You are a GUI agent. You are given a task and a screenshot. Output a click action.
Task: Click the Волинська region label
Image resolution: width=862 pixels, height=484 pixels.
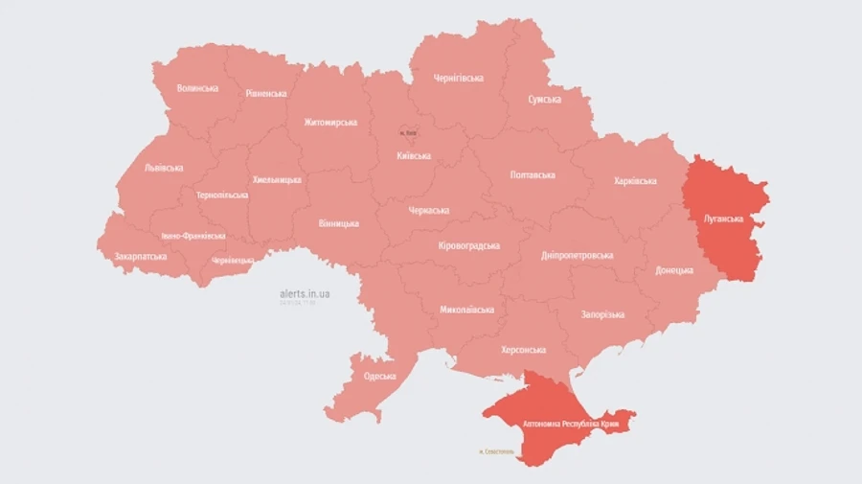click(197, 88)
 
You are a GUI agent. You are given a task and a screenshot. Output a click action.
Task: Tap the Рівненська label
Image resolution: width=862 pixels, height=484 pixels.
click(265, 93)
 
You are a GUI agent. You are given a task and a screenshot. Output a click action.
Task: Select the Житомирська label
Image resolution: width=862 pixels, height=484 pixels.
click(330, 122)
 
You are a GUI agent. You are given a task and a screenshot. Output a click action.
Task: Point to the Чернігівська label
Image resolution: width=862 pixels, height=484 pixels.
click(458, 78)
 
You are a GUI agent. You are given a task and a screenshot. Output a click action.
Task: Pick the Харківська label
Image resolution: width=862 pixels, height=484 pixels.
click(633, 180)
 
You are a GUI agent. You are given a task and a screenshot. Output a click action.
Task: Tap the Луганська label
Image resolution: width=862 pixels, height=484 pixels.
click(723, 219)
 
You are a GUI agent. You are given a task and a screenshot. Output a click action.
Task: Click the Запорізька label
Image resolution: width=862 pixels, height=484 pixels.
click(602, 314)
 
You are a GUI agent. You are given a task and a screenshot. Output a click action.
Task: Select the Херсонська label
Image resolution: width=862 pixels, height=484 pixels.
click(525, 350)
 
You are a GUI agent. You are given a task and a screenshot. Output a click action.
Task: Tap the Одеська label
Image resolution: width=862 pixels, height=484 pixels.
click(379, 376)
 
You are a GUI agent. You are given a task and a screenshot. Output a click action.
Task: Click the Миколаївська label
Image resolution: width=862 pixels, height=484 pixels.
click(466, 310)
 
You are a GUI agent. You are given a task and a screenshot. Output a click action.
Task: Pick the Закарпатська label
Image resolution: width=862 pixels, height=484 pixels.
click(141, 257)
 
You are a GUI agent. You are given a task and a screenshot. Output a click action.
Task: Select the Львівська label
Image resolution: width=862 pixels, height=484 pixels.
click(163, 167)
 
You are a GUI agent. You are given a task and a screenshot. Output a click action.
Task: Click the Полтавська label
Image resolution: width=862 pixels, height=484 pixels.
click(533, 175)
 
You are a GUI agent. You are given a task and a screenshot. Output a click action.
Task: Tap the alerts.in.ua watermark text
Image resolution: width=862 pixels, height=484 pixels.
click(305, 294)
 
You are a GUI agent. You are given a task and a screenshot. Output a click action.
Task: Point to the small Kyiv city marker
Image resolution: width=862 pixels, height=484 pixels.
click(409, 133)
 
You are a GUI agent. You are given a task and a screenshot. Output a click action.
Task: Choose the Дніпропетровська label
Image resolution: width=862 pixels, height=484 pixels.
click(578, 255)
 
